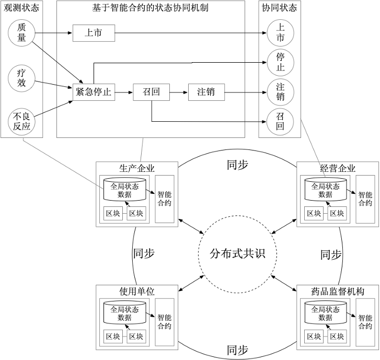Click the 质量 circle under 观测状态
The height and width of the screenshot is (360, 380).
click(x=21, y=32)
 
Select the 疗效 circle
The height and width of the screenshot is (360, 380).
click(x=21, y=77)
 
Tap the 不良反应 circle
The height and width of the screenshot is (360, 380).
click(x=21, y=121)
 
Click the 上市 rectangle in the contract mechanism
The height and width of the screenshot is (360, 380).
click(x=93, y=33)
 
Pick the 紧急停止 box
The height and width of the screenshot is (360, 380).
click(x=93, y=92)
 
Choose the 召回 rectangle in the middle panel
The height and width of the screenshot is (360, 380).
click(x=151, y=92)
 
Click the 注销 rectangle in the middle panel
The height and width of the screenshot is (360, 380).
click(x=206, y=92)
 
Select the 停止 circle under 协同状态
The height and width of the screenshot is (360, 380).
click(x=280, y=62)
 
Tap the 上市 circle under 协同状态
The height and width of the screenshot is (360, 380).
click(x=280, y=33)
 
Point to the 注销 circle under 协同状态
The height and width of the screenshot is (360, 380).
click(x=280, y=92)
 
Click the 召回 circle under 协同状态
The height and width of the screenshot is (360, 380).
click(x=280, y=121)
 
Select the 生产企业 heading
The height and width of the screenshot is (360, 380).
click(x=137, y=168)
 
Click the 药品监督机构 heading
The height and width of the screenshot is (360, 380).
click(x=337, y=291)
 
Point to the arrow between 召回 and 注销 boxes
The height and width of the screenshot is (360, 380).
click(x=179, y=92)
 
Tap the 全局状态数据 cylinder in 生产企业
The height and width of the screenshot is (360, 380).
click(x=124, y=190)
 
